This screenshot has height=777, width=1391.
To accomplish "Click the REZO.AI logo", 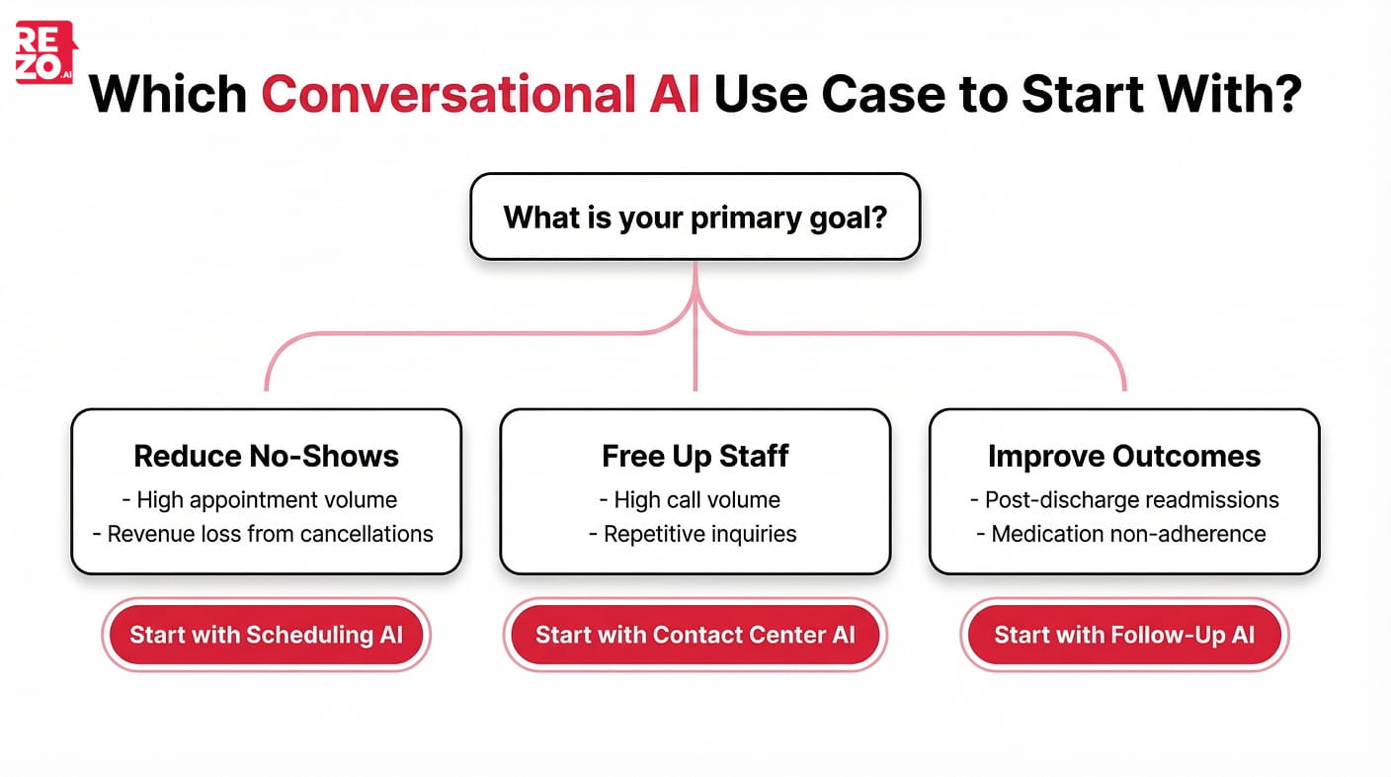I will [x=45, y=51].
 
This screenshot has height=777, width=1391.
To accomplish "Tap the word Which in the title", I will [x=167, y=94].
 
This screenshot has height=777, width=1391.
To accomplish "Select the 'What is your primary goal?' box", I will [x=695, y=216].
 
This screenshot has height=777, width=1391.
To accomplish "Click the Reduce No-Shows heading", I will [x=266, y=456].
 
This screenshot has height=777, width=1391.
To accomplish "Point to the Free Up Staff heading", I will [x=695, y=456].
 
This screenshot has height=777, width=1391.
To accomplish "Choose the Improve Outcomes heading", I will [x=1124, y=456].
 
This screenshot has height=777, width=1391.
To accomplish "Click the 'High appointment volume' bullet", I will [x=266, y=500].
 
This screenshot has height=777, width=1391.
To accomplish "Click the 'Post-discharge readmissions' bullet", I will [x=1124, y=500].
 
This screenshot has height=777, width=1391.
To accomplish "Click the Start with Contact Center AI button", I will [x=695, y=635].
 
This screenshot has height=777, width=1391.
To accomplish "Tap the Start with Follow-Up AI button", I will [x=1124, y=635].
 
